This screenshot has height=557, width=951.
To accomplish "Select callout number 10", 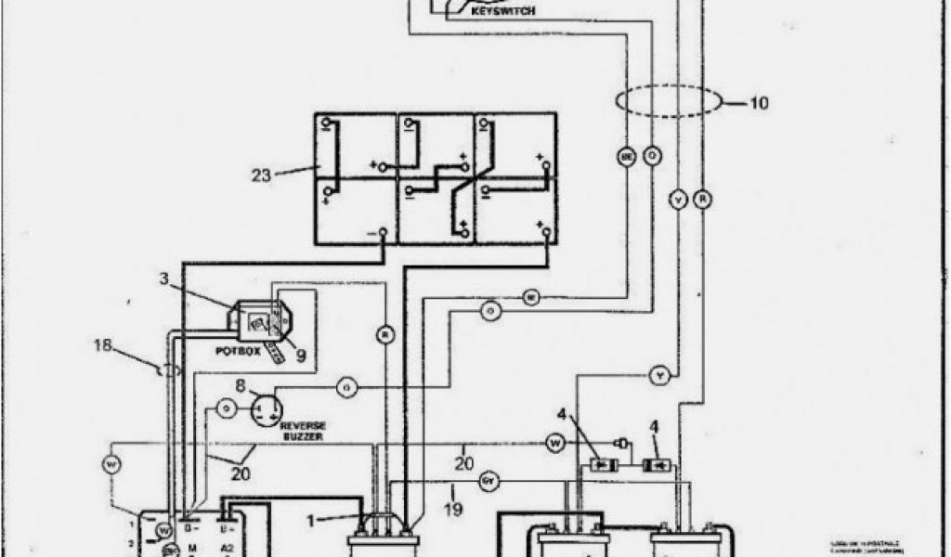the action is pyautogui.click(x=758, y=103).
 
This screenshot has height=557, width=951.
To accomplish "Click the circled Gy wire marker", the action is pyautogui.click(x=489, y=483).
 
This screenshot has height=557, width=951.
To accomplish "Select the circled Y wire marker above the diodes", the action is pyautogui.click(x=659, y=375).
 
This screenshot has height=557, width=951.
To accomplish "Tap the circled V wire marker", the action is pyautogui.click(x=678, y=199).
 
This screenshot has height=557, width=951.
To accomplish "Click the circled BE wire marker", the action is pyautogui.click(x=626, y=157).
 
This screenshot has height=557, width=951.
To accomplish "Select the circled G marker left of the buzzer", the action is pyautogui.click(x=224, y=408).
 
